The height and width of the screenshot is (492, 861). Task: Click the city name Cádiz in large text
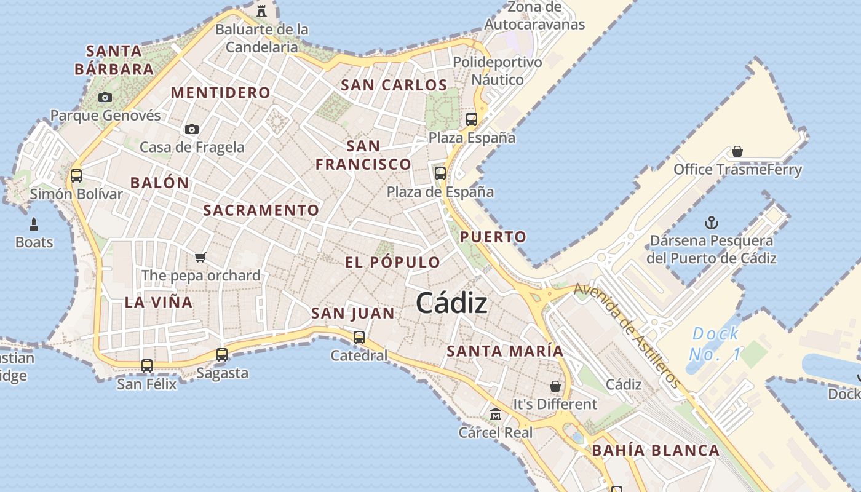tap(452, 303)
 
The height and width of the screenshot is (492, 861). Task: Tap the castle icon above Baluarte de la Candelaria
tap(261, 10)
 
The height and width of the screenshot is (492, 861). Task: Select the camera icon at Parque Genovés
tap(105, 97)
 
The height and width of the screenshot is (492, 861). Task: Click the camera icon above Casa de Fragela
tap(192, 129)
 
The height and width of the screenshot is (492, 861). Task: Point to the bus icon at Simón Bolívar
tap(76, 176)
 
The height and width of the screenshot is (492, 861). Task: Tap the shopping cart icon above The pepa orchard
tap(200, 257)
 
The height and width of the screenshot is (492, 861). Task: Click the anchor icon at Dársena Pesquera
tap(712, 223)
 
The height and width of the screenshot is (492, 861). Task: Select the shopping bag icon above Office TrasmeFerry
tap(737, 151)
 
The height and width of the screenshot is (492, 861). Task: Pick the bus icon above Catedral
tap(359, 338)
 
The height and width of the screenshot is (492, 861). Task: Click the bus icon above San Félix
tap(147, 366)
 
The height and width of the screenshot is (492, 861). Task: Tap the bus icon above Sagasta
tap(222, 355)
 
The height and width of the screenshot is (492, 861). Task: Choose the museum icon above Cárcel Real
tap(496, 415)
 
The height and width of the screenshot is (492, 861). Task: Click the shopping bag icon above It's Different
tap(555, 386)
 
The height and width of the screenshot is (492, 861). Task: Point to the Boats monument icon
tap(34, 224)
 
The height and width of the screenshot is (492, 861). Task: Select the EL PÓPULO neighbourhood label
tap(392, 263)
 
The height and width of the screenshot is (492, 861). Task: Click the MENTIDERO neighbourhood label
tap(220, 93)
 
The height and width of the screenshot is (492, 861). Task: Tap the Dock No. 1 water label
tap(715, 344)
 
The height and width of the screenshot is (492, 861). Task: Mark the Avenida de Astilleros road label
tap(627, 336)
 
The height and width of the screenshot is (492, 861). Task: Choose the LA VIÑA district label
tap(159, 303)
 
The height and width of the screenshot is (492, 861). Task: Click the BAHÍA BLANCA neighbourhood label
tap(656, 451)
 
